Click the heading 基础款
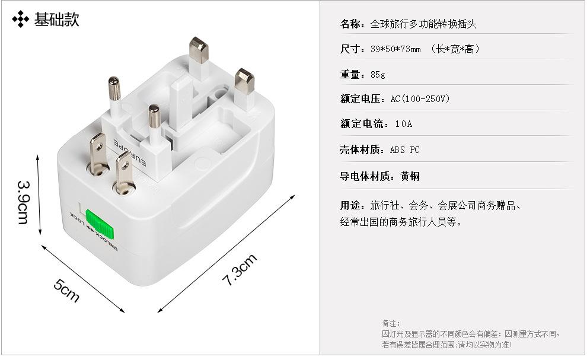[x=56, y=20]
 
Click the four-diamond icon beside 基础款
[x=21, y=20]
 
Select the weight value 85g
[x=378, y=75]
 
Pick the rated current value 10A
[x=403, y=124]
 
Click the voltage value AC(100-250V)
[x=420, y=99]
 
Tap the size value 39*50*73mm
[x=395, y=49]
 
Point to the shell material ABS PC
[x=404, y=150]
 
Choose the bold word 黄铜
[x=410, y=176]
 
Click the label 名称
[x=352, y=24]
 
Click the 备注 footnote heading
[x=391, y=323]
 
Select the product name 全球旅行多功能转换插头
[x=423, y=24]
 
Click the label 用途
[x=352, y=206]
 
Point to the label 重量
[x=352, y=75]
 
